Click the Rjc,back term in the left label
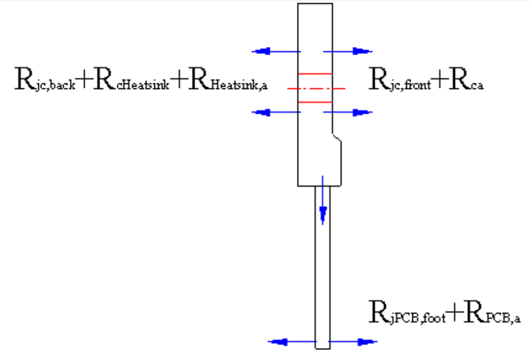(x=45, y=80)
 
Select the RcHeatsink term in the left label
(x=131, y=80)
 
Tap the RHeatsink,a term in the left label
(x=228, y=80)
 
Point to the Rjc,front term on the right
(x=400, y=80)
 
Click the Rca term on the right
(x=466, y=80)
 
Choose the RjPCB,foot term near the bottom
(x=407, y=312)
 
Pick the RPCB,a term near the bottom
(x=492, y=312)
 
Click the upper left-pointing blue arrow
(x=276, y=51)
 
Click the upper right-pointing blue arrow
(x=348, y=51)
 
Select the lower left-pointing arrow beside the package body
(x=276, y=112)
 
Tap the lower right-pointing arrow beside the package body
(x=348, y=112)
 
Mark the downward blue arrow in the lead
(x=323, y=200)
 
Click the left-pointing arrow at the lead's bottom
(x=292, y=342)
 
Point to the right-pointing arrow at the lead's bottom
(x=353, y=342)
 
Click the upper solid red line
(x=315, y=73)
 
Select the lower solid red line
(x=315, y=102)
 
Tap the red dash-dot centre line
(x=316, y=88)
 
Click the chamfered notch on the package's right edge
(x=337, y=138)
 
